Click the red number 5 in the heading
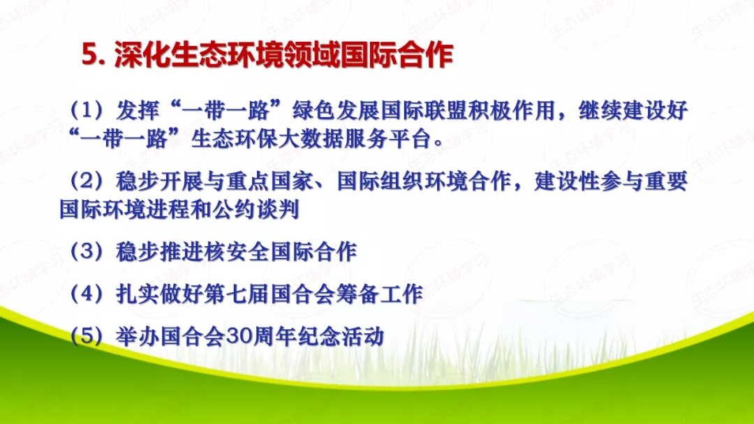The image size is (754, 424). (89, 56)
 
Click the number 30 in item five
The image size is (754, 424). (235, 337)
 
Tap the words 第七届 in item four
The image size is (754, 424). (214, 294)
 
